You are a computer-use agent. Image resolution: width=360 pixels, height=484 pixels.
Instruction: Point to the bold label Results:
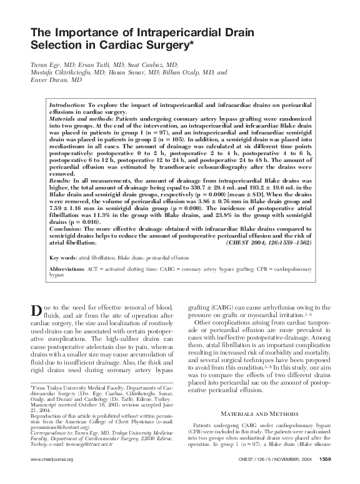point(60,179)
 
